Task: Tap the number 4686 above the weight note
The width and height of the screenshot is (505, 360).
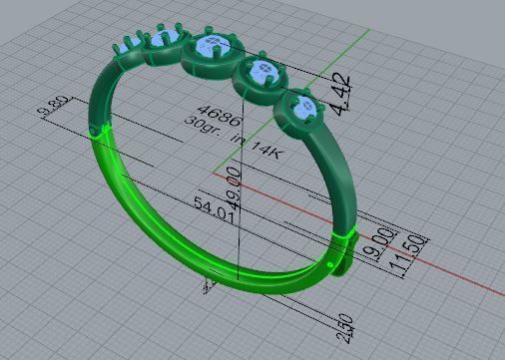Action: click(215, 109)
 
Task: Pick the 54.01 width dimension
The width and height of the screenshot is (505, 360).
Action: click(213, 210)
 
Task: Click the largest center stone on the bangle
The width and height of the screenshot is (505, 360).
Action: click(213, 46)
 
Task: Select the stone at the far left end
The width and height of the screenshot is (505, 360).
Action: click(126, 45)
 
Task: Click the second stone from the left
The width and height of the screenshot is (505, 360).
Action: click(165, 41)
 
